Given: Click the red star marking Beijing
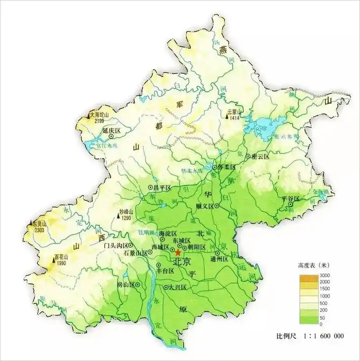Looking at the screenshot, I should [178, 253].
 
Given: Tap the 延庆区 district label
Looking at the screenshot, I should [112, 130].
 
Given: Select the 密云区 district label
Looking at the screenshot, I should [261, 156].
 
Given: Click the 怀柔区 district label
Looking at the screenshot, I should [227, 167].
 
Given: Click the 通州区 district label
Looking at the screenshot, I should [220, 259].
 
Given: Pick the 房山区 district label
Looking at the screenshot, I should [126, 285].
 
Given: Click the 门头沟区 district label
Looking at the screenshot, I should [116, 245].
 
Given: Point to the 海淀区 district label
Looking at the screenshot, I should [168, 234].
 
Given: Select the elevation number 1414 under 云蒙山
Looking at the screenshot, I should [234, 118].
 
